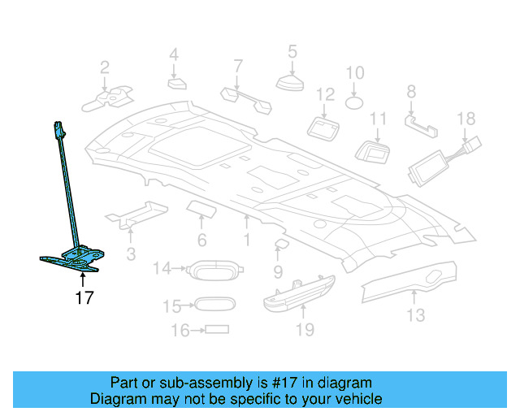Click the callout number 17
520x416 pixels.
pos(84,298)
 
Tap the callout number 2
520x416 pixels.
pos(105,67)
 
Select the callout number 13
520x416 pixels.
pos(415,315)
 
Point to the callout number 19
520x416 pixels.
pos(303,329)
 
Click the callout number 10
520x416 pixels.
pos(355,73)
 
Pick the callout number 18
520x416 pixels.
pos(465,119)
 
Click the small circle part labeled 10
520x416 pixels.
pos(355,102)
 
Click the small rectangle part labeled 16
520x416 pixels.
pos(217,330)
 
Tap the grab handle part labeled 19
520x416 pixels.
pos(301,291)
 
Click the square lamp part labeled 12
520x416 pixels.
pos(325,127)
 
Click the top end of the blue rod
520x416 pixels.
pos(58,127)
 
